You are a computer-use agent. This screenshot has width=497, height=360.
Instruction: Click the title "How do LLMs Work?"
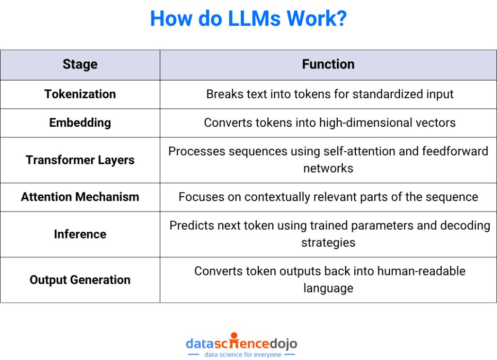point(248,19)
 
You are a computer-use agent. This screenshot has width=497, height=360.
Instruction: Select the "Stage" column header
point(80,65)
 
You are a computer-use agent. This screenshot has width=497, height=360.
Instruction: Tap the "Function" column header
point(328,65)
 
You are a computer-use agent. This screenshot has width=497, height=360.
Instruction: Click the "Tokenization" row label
point(80,94)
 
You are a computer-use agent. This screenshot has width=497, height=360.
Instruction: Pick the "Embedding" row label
point(80,123)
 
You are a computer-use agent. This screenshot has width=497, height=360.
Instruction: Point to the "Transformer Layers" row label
point(80,160)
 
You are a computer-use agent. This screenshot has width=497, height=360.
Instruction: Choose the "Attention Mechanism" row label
point(80,197)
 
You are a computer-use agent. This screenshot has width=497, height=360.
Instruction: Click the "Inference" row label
point(80,234)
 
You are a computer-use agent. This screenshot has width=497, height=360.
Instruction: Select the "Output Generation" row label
point(80,280)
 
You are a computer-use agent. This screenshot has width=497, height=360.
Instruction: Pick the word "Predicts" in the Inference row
point(189,226)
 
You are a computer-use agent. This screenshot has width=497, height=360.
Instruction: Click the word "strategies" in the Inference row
point(328,242)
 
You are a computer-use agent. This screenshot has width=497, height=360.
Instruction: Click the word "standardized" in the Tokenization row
point(381,94)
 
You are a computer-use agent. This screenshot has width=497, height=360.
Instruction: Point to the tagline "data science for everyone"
point(242,355)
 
